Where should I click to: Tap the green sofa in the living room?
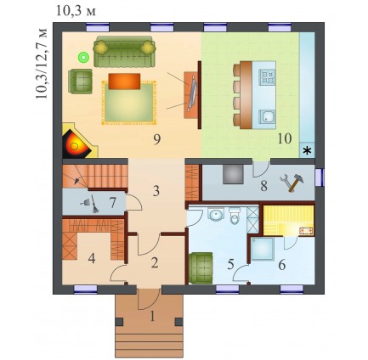(125, 52)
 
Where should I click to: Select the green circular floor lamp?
(83, 58)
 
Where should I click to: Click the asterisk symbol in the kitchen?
(307, 151)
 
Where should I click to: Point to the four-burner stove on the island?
(267, 77)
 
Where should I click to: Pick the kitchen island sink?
(267, 117)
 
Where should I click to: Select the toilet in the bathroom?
(235, 216)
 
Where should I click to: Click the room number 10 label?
(285, 138)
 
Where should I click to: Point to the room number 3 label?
(156, 191)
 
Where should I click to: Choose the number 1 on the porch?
(152, 316)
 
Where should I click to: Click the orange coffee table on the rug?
(124, 82)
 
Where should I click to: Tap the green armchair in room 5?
(201, 267)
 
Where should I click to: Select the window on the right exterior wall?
(319, 177)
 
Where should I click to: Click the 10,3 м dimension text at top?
(76, 11)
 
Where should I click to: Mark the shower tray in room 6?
(263, 249)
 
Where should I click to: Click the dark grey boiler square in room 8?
(233, 174)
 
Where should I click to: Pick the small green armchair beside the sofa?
(80, 82)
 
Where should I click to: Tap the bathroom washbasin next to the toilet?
(216, 215)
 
